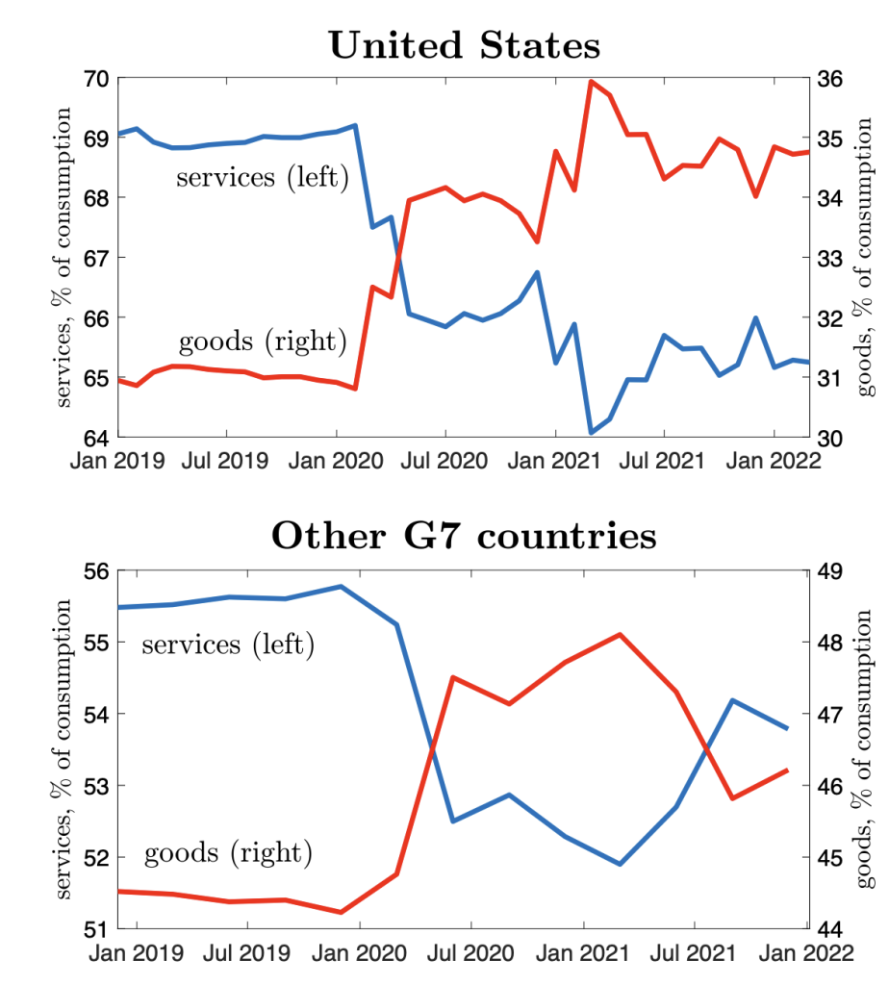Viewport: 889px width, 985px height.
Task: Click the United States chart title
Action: coord(465,45)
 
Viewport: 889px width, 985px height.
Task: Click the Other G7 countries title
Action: coord(464,536)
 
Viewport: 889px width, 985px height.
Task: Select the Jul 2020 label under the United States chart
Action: coord(445,461)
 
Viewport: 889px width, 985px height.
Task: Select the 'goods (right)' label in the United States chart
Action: coord(262,341)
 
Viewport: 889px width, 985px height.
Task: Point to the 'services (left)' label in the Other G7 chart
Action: coord(228,644)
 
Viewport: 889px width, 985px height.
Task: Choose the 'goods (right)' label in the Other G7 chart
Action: coord(228,851)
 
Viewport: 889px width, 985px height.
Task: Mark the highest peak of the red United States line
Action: coord(591,81)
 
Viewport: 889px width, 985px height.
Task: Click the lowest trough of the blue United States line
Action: coord(591,433)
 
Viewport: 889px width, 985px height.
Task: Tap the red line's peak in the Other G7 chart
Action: coord(621,634)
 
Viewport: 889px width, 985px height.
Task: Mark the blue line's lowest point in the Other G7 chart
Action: coord(621,864)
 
